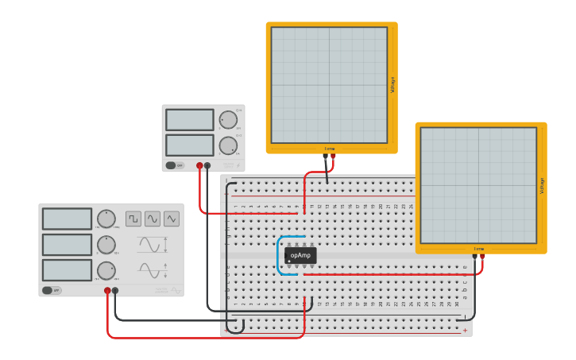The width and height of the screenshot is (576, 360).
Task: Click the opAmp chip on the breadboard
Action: click(x=300, y=255)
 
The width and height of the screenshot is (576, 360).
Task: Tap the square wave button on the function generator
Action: click(x=133, y=219)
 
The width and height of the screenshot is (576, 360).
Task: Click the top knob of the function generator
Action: click(x=106, y=219)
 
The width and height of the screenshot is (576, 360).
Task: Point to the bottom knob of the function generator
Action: click(x=106, y=270)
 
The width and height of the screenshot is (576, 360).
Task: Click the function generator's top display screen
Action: click(x=67, y=219)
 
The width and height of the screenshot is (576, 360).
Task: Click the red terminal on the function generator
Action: click(x=107, y=291)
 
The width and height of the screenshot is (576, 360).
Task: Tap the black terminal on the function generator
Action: click(x=116, y=291)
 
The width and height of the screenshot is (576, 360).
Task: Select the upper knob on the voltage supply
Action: click(x=228, y=120)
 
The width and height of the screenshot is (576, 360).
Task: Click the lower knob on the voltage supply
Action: click(x=228, y=145)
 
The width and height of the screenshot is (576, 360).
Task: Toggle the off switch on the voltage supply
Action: click(x=174, y=165)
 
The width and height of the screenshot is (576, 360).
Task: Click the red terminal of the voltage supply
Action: click(x=199, y=165)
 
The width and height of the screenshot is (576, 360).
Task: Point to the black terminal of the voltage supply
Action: click(x=207, y=165)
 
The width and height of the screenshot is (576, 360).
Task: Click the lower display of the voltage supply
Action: click(x=190, y=145)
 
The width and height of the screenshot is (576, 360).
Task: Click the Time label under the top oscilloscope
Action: click(x=330, y=149)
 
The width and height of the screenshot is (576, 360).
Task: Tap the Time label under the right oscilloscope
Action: click(x=479, y=249)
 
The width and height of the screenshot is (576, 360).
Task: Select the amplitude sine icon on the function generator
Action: click(x=151, y=245)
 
